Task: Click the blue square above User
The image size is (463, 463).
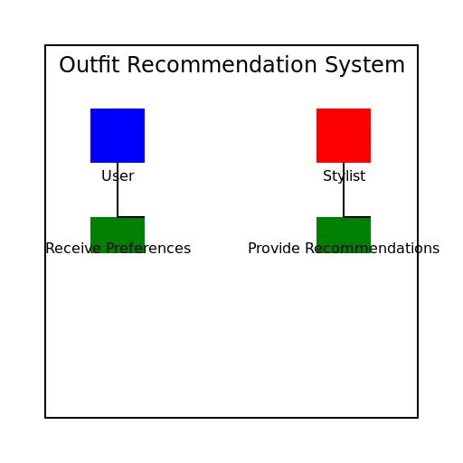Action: click(x=118, y=136)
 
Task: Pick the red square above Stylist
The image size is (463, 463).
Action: click(x=344, y=136)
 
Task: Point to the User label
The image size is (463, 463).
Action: click(x=118, y=176)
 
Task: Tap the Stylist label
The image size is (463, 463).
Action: click(x=344, y=176)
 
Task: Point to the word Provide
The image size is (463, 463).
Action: click(x=273, y=249)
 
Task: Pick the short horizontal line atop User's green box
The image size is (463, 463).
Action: click(x=131, y=217)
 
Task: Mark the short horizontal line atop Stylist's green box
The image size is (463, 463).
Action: click(x=357, y=217)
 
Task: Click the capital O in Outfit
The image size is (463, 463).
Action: click(x=67, y=66)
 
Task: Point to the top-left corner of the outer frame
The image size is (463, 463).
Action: click(x=45, y=45)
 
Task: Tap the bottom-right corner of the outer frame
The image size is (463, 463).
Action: click(x=418, y=418)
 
